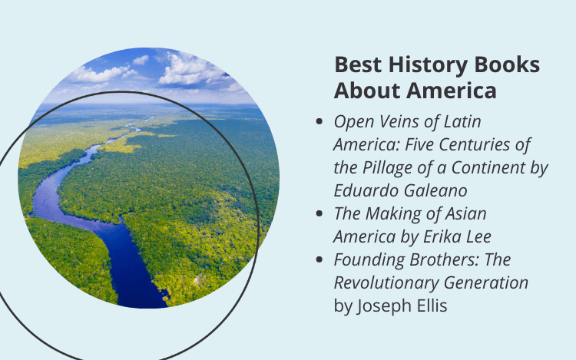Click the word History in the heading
[x=428, y=66]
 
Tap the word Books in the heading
[x=507, y=64]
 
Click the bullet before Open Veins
[x=319, y=121]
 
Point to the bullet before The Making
[x=319, y=213]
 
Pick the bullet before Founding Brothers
[x=319, y=259]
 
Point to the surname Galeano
[x=435, y=191]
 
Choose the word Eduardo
[x=366, y=191]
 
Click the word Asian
[x=465, y=213]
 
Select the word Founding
[x=369, y=260]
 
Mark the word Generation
[x=486, y=283]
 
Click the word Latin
[x=462, y=121]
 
